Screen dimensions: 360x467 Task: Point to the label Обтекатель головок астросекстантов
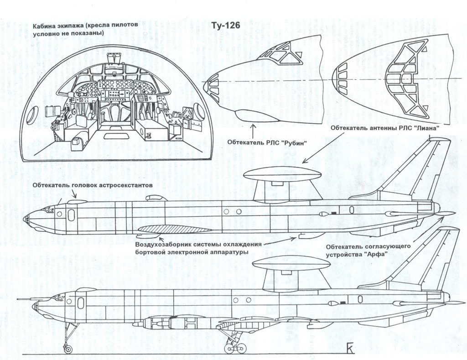pos(92,185)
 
